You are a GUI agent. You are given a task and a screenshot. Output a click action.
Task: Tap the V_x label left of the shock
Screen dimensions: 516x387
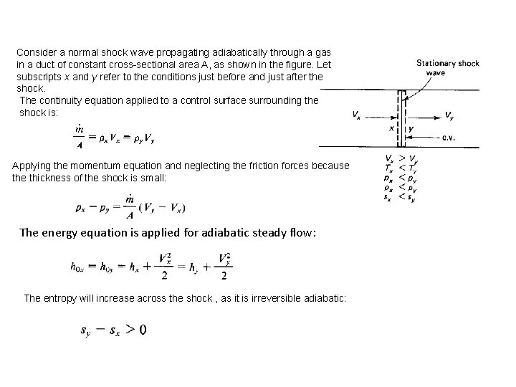(x=357, y=115)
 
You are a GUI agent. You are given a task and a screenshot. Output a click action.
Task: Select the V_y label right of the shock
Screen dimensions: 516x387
(x=449, y=115)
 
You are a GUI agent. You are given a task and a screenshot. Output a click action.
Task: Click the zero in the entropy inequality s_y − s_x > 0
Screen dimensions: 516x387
(x=143, y=330)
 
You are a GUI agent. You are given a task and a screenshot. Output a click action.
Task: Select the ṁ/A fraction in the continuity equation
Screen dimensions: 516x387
(x=80, y=134)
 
